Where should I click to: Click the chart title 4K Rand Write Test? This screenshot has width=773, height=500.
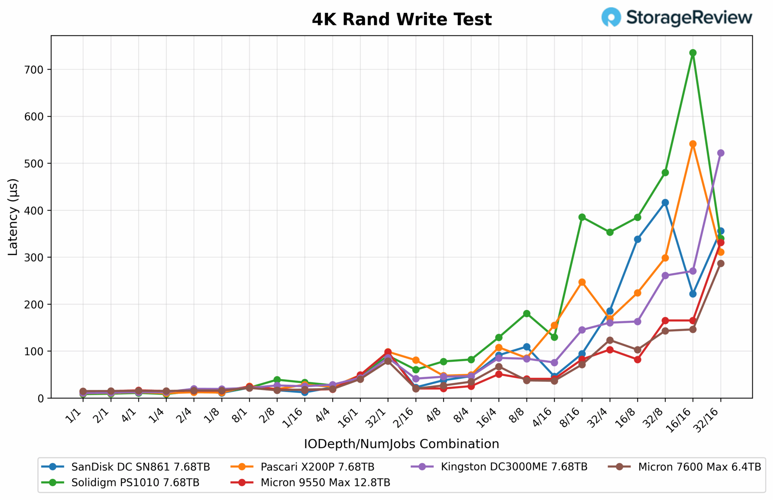402,20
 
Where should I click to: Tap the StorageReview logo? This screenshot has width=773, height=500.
677,17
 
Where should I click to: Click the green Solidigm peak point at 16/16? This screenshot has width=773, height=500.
693,53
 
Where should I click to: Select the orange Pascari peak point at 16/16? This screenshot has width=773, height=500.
693,144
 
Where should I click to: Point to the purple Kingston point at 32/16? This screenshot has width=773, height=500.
721,153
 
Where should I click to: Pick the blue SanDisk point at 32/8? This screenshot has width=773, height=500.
665,203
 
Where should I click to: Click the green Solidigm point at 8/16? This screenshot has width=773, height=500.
582,217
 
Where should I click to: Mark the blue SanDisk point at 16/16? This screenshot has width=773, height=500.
693,294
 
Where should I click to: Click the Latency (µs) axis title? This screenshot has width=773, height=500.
13,217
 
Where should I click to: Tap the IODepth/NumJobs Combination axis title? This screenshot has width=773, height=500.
402,444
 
